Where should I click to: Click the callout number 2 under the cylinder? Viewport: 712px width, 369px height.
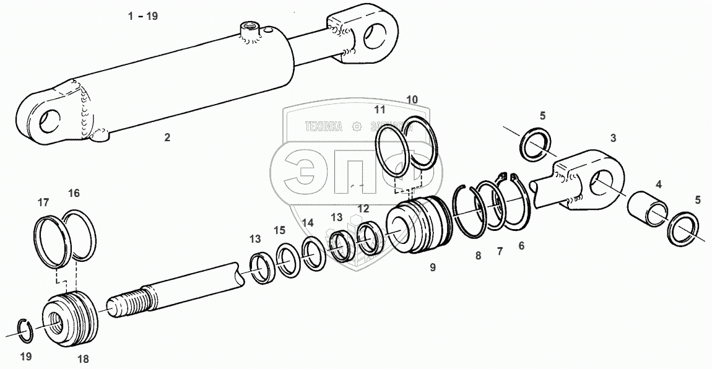pos(167,137)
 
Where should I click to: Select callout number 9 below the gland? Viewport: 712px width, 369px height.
pos(433,267)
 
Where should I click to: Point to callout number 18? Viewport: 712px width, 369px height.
pos(84,359)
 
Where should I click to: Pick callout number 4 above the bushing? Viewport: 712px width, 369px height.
pos(659,184)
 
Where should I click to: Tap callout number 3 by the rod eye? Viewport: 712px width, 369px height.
pos(613,138)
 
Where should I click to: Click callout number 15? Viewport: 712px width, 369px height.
pos(280,230)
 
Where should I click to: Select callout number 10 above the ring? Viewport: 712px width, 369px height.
pos(412,99)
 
